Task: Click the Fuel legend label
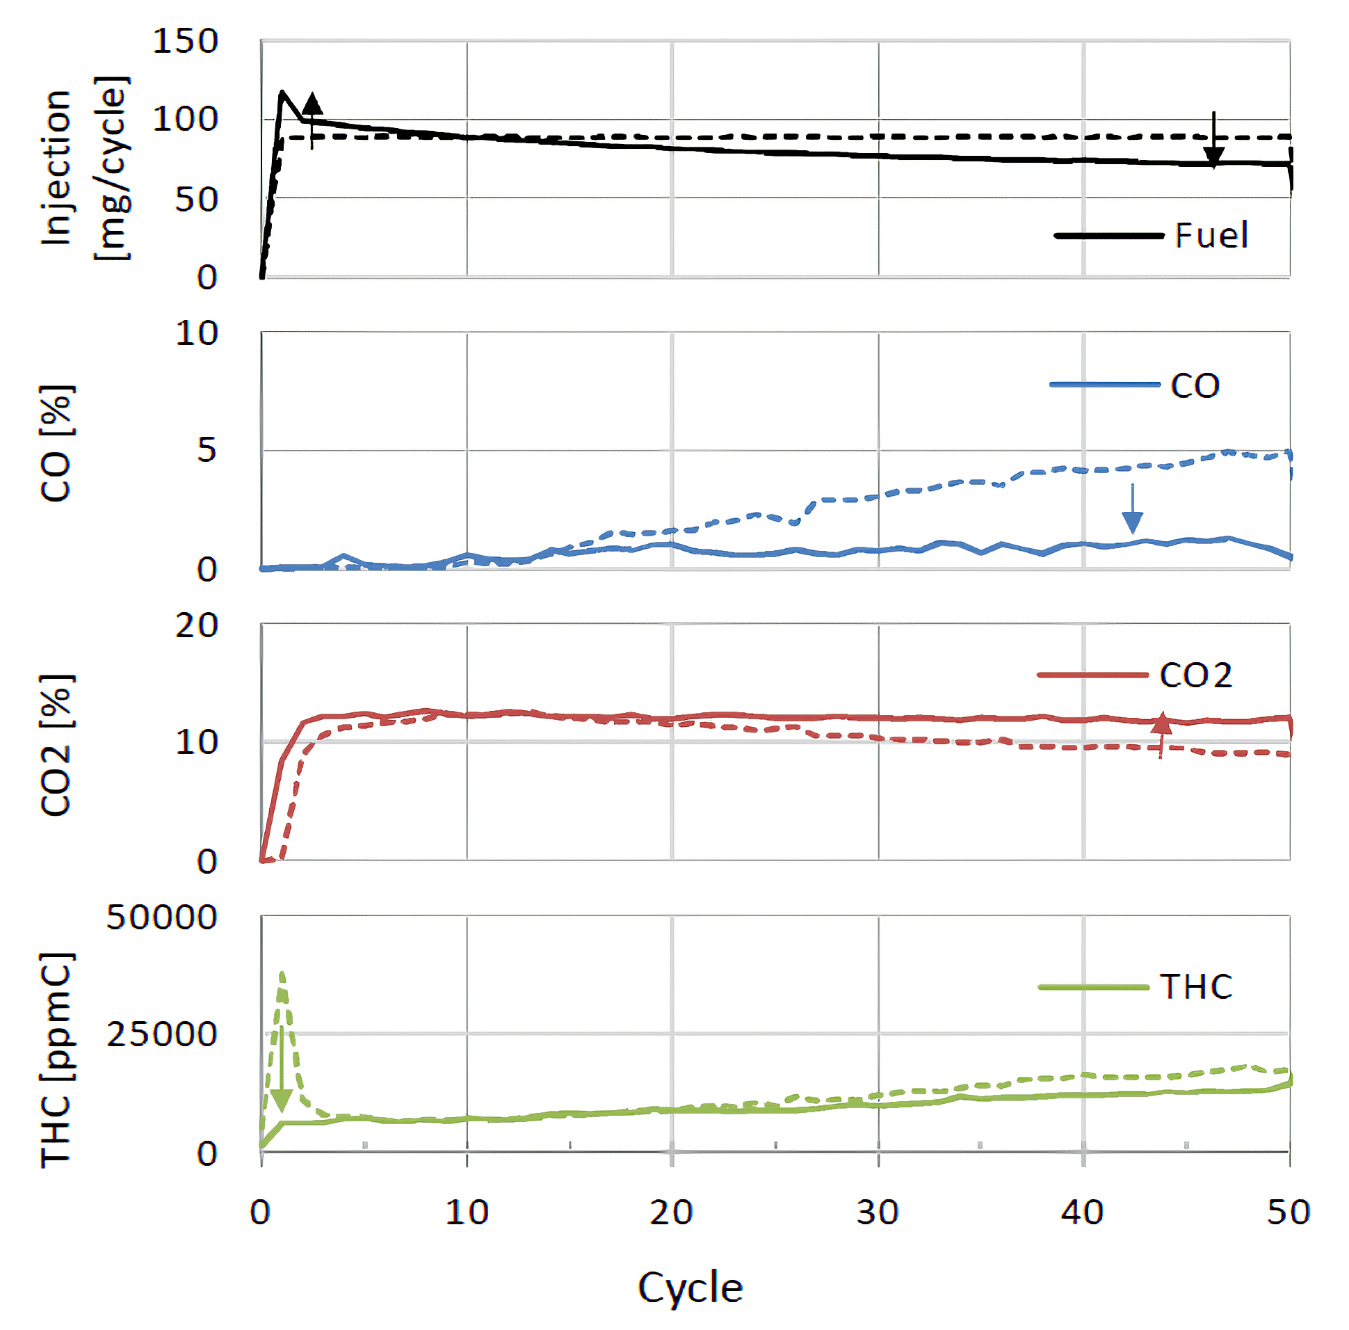(1211, 235)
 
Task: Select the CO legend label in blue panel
(1195, 385)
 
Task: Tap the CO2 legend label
(1195, 675)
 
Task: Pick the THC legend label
(1195, 987)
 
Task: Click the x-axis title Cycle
(690, 1288)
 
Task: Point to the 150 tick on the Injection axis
(185, 41)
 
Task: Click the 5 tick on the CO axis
(207, 450)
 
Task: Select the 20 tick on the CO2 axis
(196, 625)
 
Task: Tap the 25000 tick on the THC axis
(161, 1034)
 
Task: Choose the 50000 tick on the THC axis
(161, 917)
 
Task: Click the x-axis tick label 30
(878, 1212)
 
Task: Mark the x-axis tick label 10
(467, 1212)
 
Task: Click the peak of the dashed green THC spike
(282, 973)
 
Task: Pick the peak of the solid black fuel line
(282, 92)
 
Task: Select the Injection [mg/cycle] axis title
(83, 168)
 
